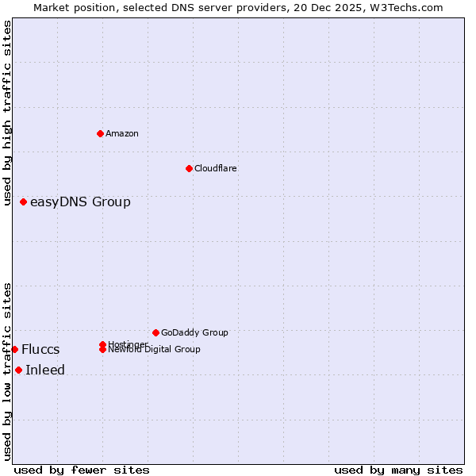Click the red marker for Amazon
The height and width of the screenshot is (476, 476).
coord(100,133)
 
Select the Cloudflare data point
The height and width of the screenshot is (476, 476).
coord(189,168)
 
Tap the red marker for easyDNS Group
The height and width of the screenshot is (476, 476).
coord(24,202)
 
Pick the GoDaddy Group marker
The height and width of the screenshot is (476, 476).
coord(155,332)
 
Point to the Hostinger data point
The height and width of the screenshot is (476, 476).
coord(103,344)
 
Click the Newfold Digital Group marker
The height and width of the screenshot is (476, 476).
coord(103,349)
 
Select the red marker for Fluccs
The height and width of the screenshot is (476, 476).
coord(14,349)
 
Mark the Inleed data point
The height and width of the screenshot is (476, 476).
coord(18,370)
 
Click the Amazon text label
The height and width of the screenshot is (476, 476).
coord(122,133)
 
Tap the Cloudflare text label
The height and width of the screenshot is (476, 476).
coord(216,168)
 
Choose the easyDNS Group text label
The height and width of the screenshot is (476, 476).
coord(80,202)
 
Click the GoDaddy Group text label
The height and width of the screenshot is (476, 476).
coord(194,332)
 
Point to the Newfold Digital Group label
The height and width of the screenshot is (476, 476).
coord(154,349)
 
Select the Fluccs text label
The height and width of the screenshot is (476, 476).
coord(40,349)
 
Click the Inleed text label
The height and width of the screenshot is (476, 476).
coord(45,370)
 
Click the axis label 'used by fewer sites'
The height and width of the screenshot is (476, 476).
coord(82,470)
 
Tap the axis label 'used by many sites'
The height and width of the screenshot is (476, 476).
coord(398,470)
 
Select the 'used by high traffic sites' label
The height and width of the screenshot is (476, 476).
coord(7,113)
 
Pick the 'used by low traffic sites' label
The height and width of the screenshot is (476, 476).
coord(7,371)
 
